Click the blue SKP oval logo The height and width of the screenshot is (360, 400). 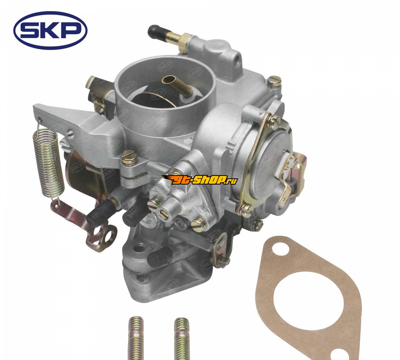tap(50, 30)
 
